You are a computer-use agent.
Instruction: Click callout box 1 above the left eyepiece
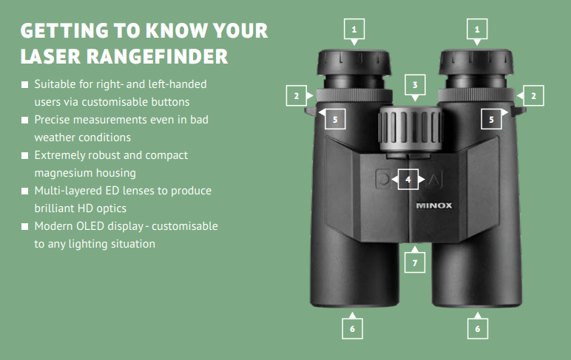coord(355,29)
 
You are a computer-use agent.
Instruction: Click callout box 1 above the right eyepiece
coord(478,29)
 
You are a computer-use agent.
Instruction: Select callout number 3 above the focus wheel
coord(416,85)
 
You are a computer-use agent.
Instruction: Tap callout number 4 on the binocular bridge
coord(408,179)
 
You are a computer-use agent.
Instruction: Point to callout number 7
coord(415,262)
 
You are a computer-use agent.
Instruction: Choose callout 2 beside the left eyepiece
coord(297,95)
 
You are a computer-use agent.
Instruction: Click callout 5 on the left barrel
coord(334,118)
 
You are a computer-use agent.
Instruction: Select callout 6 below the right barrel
coord(478,327)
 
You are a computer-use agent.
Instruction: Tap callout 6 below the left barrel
coord(353,327)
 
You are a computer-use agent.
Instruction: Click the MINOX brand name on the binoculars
coord(434,207)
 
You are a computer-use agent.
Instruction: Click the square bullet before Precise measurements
coord(25,120)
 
